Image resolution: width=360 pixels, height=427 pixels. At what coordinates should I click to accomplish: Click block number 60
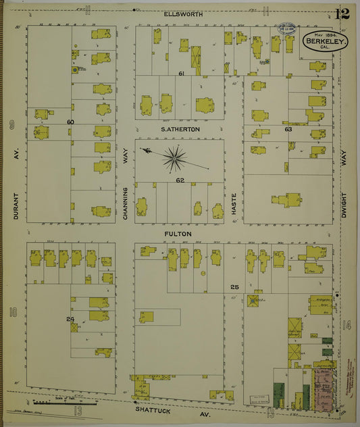(70, 122)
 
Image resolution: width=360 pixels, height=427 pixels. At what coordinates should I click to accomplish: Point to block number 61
(181, 73)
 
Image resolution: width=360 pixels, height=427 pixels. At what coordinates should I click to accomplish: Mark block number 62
(180, 180)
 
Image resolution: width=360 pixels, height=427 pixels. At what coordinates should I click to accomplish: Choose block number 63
(288, 128)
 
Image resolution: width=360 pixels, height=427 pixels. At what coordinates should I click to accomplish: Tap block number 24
(70, 319)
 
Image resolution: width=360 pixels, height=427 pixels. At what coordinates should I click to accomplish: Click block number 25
(235, 288)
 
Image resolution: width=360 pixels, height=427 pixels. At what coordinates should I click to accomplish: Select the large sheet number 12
(341, 14)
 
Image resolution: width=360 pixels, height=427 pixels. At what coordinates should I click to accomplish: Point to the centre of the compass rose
(175, 158)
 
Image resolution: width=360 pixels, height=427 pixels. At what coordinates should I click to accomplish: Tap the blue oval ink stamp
(287, 29)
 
